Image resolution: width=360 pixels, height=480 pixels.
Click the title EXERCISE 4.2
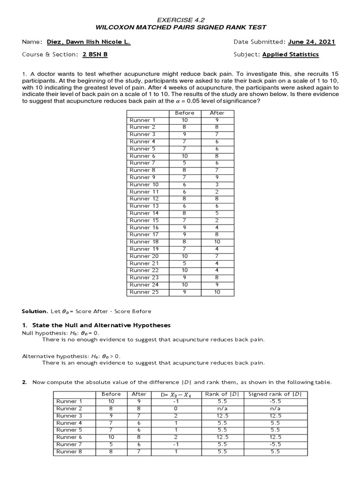pos(180,20)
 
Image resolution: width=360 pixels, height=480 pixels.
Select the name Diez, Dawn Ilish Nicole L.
pos(89,42)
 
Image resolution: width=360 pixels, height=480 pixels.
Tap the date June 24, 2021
pos(312,42)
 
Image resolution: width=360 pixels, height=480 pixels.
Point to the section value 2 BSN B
pos(95,54)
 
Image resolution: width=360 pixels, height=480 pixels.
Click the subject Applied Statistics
pos(290,54)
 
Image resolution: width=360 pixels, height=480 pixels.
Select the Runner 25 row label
pos(144,292)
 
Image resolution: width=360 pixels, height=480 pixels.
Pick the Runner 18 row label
pos(144,242)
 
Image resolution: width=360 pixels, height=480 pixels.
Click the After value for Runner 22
pos(217,270)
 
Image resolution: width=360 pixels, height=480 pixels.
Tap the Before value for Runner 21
pos(184,263)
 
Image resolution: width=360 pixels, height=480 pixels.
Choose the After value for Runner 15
pos(217,220)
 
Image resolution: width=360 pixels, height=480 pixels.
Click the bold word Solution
pos(35,311)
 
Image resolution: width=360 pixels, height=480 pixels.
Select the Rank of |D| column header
pos(223,394)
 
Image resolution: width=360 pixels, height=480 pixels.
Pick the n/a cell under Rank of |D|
pos(223,409)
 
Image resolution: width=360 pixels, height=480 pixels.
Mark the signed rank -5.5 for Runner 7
pos(275,444)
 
